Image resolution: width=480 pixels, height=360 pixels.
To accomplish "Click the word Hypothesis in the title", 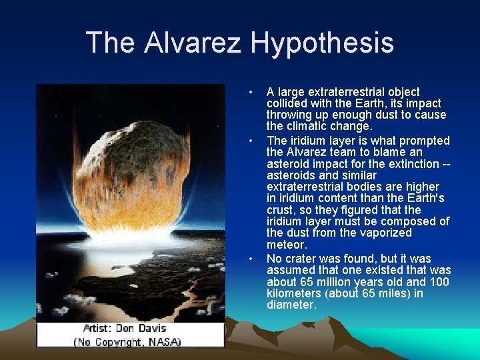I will point(322,43).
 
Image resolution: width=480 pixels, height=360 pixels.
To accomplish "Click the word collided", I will point(287,103).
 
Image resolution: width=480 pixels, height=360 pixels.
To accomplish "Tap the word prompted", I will point(423,141).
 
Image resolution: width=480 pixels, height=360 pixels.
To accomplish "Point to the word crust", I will point(281,210).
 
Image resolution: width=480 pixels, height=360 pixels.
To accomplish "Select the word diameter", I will point(291,305).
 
